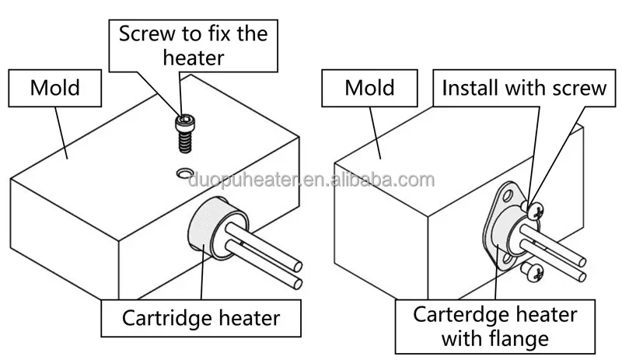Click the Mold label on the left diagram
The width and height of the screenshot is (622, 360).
tap(54, 87)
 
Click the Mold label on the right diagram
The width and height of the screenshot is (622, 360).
tap(369, 87)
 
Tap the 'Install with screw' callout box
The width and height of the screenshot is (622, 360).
tap(523, 87)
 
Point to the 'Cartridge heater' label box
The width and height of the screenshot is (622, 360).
tap(201, 317)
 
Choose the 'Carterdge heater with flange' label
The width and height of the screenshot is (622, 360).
tap(494, 327)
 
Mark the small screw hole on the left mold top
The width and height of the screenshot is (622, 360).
tap(185, 172)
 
